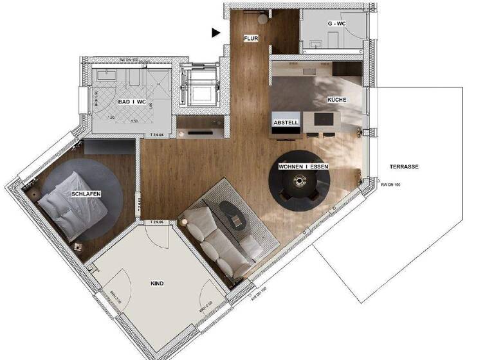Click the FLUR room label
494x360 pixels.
[x=251, y=39]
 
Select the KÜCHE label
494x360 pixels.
[x=336, y=100]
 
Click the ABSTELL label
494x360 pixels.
[x=285, y=122]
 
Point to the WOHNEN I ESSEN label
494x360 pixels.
[x=304, y=166]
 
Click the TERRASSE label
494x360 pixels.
[x=405, y=166]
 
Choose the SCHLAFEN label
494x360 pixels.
[x=87, y=194]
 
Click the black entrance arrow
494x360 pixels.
[x=217, y=32]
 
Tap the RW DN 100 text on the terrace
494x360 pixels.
[x=390, y=185]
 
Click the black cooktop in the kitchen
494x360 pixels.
[x=322, y=120]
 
